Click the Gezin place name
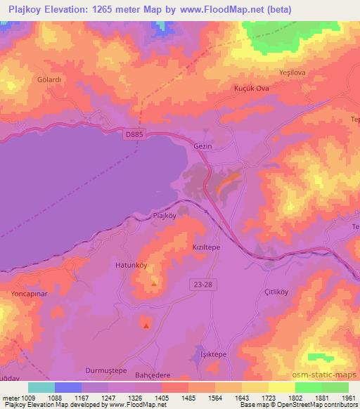(x=202, y=146)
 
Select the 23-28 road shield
(x=200, y=283)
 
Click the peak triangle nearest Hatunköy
(x=154, y=285)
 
